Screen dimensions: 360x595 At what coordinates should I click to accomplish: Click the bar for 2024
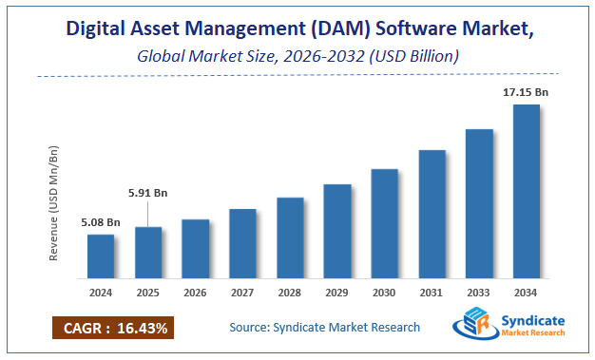click(x=101, y=257)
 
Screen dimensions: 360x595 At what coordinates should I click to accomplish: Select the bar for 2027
click(x=242, y=245)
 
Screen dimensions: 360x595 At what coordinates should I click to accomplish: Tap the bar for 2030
click(x=384, y=225)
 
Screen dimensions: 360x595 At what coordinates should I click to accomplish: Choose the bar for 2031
click(x=432, y=216)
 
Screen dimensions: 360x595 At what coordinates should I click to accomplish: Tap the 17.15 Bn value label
click(x=526, y=92)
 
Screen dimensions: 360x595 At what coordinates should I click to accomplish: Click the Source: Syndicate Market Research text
click(x=324, y=328)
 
